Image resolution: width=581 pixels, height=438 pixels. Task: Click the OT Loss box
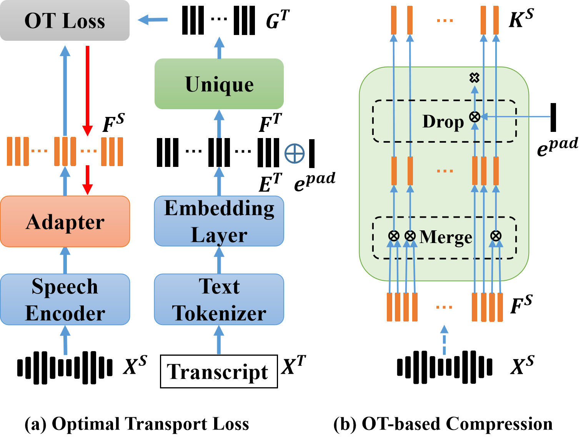(65, 20)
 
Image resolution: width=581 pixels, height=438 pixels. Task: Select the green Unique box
(219, 84)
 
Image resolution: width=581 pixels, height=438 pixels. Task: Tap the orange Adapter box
(65, 221)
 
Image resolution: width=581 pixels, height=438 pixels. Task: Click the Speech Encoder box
(65, 299)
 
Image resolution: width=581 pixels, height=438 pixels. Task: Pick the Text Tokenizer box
(219, 299)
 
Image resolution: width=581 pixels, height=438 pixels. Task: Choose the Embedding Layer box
(219, 221)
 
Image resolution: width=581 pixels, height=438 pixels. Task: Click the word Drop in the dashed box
(443, 122)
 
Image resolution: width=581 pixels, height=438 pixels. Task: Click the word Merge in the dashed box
(446, 237)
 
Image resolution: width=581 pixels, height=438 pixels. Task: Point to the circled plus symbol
(295, 154)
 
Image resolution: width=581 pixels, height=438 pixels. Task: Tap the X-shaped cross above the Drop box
(474, 78)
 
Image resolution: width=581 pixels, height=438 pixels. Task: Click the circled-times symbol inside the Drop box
(475, 117)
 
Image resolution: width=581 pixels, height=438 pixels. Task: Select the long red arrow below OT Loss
(88, 90)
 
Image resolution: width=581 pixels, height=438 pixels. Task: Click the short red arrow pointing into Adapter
(88, 180)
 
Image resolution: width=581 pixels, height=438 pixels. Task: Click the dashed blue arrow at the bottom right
(444, 340)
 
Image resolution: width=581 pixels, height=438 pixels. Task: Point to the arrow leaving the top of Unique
(219, 48)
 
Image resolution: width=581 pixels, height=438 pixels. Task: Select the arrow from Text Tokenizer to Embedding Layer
(219, 260)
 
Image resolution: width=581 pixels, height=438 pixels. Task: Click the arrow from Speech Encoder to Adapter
(65, 260)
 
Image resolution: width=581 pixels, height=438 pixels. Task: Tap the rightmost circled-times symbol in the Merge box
(496, 236)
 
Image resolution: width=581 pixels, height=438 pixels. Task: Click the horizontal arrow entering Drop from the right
(515, 117)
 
